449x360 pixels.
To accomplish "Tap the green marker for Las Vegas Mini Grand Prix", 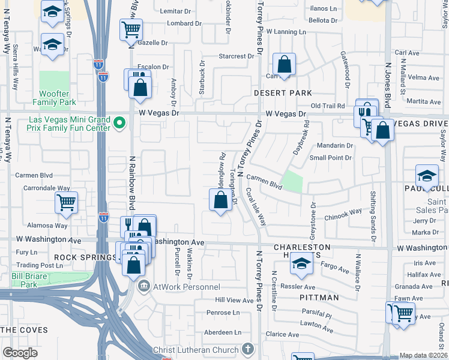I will [x=119, y=124].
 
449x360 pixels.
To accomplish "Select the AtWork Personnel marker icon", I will [x=143, y=286].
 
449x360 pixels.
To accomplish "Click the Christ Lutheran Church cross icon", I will [x=247, y=349].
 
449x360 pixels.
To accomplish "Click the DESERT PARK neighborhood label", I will [x=282, y=93].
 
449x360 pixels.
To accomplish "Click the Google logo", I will [x=20, y=352].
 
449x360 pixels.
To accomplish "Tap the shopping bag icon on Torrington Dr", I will [x=220, y=200].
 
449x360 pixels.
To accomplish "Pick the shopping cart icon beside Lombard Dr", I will [x=131, y=28].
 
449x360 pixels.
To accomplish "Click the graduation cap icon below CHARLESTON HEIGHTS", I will [x=301, y=265].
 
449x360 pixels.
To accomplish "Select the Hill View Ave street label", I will [x=235, y=299].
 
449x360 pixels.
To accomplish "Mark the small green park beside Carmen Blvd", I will [x=292, y=181].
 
